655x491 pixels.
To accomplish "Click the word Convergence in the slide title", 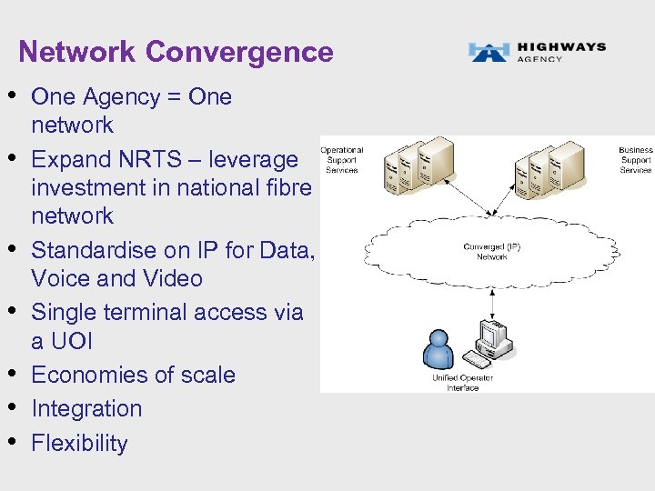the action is [x=239, y=52].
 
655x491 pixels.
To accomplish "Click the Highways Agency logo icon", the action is [x=489, y=52].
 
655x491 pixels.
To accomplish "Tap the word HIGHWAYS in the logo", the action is [x=560, y=46].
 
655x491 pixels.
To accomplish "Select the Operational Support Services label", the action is [x=341, y=160].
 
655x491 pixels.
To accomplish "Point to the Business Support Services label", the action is [x=635, y=160].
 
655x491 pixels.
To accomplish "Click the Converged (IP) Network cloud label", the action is [x=491, y=252].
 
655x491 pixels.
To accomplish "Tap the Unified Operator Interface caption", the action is [x=462, y=382].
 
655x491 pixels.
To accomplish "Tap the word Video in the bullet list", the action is [x=175, y=278].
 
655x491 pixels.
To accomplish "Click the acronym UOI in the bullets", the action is [x=74, y=341].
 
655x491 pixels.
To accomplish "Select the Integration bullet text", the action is [x=86, y=408].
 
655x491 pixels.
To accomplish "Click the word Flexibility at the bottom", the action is [x=79, y=443].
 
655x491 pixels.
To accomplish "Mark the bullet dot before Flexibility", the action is [x=15, y=441].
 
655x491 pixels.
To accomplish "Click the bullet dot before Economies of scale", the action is [x=15, y=373].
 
